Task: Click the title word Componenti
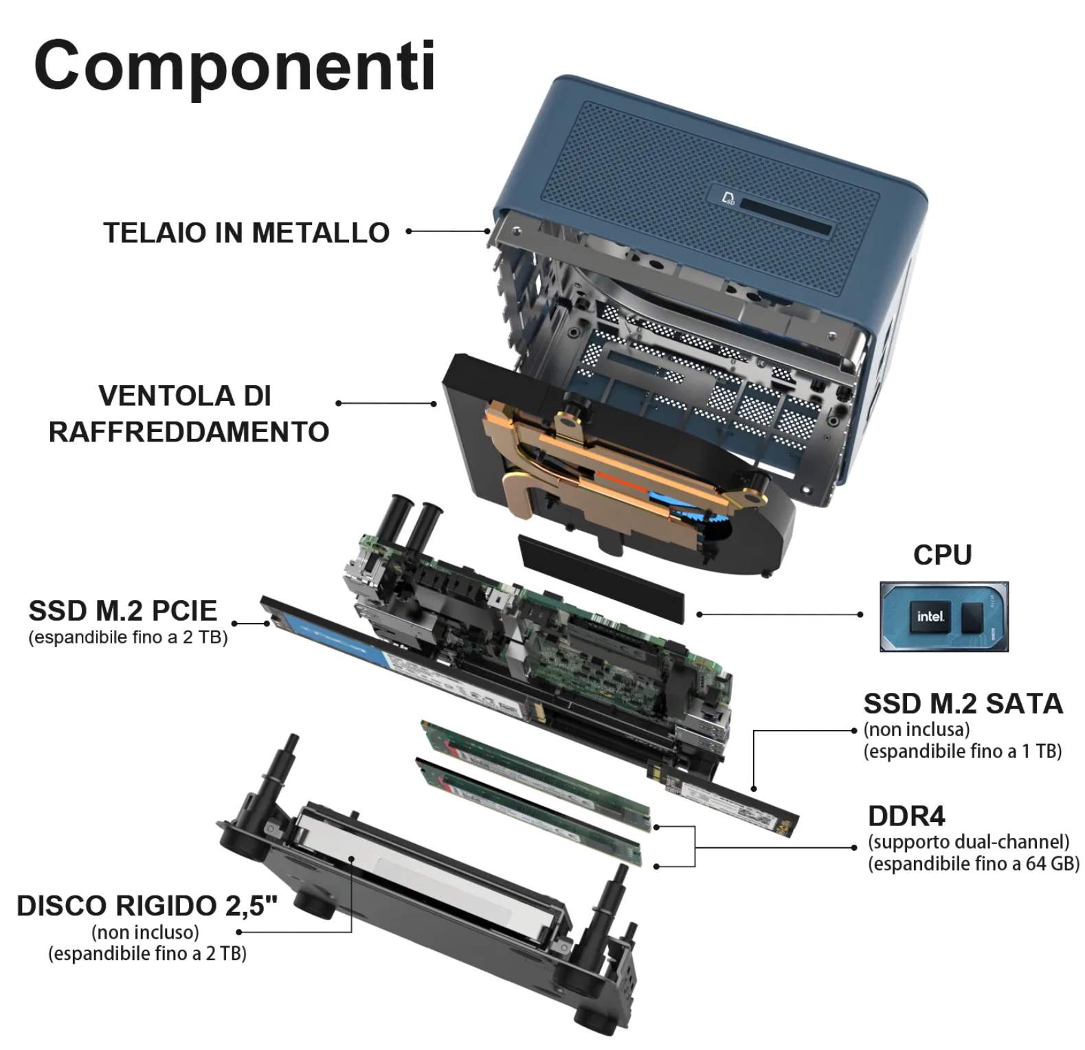pyautogui.click(x=234, y=66)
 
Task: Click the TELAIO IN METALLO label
pyautogui.click(x=246, y=233)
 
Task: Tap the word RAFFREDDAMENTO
pyautogui.click(x=189, y=432)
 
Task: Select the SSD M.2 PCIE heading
pyautogui.click(x=122, y=610)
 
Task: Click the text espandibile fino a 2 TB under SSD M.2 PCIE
pyautogui.click(x=128, y=637)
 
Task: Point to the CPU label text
pyautogui.click(x=942, y=555)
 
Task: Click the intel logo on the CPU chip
pyautogui.click(x=930, y=617)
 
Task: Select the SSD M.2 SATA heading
pyautogui.click(x=963, y=704)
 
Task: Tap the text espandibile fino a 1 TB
pyautogui.click(x=963, y=751)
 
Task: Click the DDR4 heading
pyautogui.click(x=906, y=816)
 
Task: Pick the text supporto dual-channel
pyautogui.click(x=969, y=842)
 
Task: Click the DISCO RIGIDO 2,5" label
pyautogui.click(x=147, y=906)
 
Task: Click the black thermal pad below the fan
pyautogui.click(x=602, y=579)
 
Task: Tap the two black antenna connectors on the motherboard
pyautogui.click(x=416, y=522)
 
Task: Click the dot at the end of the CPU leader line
pyautogui.click(x=860, y=615)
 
